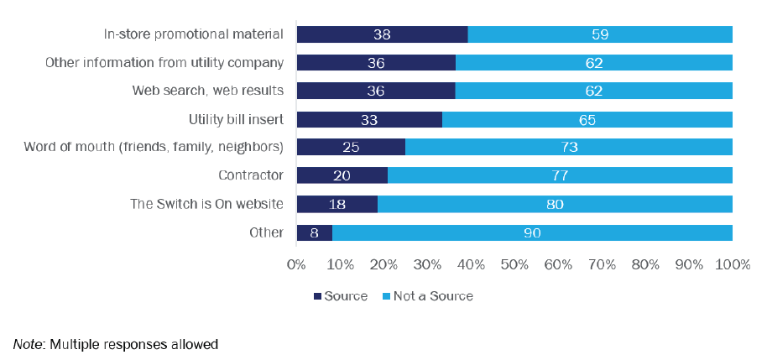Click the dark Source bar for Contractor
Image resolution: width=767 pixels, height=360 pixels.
342,175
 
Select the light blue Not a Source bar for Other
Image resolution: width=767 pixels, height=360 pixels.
532,232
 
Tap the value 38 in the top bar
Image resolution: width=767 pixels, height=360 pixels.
383,34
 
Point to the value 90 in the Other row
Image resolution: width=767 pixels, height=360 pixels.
532,232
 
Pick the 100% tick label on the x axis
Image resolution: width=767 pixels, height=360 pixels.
732,264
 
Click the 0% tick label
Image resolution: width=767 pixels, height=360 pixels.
296,264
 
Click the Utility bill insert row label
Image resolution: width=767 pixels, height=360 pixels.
236,119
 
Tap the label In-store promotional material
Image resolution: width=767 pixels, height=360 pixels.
193,34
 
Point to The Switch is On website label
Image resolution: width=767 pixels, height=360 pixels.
207,204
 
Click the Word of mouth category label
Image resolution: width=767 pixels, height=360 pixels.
154,148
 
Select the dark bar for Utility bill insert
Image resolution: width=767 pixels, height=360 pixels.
369,119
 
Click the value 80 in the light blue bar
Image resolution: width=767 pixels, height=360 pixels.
555,204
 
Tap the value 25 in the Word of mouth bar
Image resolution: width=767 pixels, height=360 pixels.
351,148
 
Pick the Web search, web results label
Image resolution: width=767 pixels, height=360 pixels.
208,91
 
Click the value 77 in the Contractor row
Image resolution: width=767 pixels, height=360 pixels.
561,175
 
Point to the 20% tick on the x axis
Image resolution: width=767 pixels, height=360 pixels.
384,264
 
